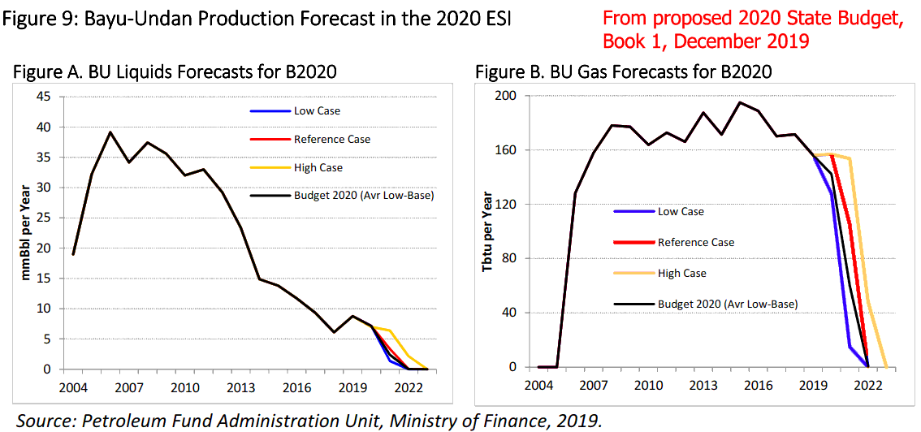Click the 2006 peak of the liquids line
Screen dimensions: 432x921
coord(110,132)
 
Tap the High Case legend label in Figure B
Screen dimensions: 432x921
coord(681,274)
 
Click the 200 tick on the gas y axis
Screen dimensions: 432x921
coord(507,96)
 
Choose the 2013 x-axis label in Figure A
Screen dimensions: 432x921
coord(240,385)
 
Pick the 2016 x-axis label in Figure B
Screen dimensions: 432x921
coord(757,385)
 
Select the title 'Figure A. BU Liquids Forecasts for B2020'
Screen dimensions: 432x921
coord(175,72)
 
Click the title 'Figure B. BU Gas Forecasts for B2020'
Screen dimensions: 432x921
coord(623,72)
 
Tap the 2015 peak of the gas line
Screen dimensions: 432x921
coord(740,102)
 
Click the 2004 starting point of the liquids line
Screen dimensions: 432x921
coord(74,254)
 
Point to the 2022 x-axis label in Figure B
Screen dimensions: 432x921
coord(868,385)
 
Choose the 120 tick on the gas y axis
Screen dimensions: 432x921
coord(507,205)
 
